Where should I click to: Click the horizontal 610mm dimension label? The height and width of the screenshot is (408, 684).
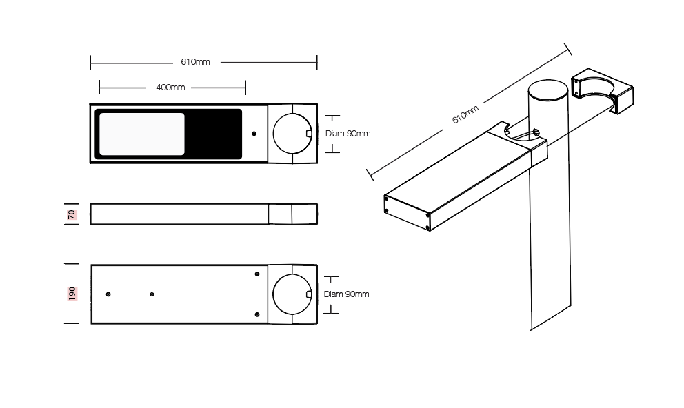tap(195, 62)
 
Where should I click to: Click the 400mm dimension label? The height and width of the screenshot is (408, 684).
tap(170, 88)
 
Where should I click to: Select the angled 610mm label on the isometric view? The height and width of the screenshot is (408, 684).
tap(465, 114)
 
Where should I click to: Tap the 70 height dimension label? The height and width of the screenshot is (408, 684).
tap(72, 214)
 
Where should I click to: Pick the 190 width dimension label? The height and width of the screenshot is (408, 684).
tap(72, 294)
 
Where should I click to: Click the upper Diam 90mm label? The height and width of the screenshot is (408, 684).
tap(348, 134)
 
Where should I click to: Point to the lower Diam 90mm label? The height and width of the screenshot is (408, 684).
tap(346, 294)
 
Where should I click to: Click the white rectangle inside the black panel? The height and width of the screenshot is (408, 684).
tap(142, 134)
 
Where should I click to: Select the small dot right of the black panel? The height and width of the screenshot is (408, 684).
tap(254, 134)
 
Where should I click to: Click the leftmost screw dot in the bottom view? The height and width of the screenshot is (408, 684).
tap(108, 294)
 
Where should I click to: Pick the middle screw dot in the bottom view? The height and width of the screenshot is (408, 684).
tap(152, 294)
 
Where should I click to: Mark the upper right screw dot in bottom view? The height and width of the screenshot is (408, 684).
tap(257, 274)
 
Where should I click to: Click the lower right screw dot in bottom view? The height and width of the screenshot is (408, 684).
tap(257, 314)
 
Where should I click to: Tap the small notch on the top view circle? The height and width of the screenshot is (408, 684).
tap(310, 134)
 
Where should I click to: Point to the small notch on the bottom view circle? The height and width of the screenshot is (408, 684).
tap(310, 294)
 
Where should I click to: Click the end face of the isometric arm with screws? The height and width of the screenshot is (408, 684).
tap(407, 212)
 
